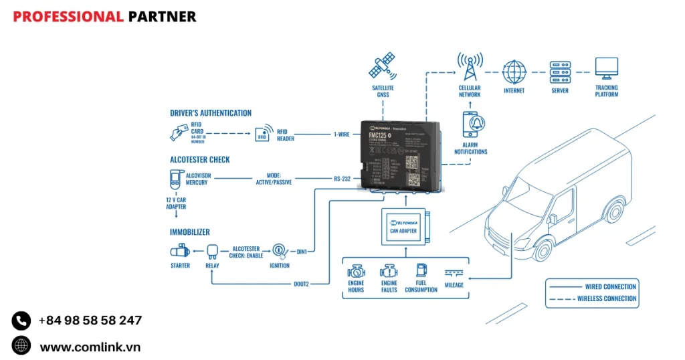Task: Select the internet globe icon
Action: point(514,71)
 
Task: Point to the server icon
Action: point(560,71)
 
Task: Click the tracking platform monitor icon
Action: point(607,68)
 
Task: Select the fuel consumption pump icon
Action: point(421,271)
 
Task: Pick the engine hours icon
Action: point(356,272)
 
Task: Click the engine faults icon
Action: point(389,272)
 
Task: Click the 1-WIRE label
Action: point(341,134)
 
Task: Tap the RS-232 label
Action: point(342,179)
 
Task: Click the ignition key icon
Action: point(280,251)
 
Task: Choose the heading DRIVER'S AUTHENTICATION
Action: point(211,113)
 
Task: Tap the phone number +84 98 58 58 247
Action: point(90,321)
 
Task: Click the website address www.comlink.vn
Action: point(90,347)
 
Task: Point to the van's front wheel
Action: point(541,250)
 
